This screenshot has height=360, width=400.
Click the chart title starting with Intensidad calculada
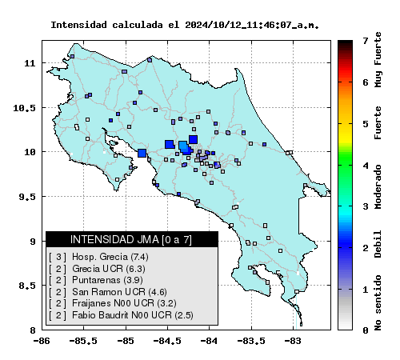tap(185, 25)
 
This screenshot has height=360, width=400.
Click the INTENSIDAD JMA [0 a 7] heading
tap(131, 239)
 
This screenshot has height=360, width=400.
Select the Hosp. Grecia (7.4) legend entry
tap(110, 257)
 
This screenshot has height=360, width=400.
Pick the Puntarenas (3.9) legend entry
tap(107, 280)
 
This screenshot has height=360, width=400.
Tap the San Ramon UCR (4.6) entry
tap(119, 292)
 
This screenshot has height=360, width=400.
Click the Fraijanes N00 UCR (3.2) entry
tap(124, 303)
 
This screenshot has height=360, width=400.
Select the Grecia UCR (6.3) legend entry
tap(109, 269)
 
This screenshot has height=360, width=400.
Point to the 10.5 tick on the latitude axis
tap(24, 108)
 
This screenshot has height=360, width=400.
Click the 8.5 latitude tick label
tap(27, 286)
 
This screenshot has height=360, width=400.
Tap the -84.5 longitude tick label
tap(167, 341)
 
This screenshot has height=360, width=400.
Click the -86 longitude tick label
tap(42, 341)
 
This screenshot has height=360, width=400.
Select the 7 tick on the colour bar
tap(366, 41)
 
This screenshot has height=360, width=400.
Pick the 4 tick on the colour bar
tap(366, 166)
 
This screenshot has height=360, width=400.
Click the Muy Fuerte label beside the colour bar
tap(378, 60)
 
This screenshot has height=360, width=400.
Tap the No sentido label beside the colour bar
tap(378, 303)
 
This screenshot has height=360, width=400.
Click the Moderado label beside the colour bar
tap(378, 186)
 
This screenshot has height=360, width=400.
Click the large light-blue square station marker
tap(183, 146)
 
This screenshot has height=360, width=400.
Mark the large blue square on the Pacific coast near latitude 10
tap(142, 153)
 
